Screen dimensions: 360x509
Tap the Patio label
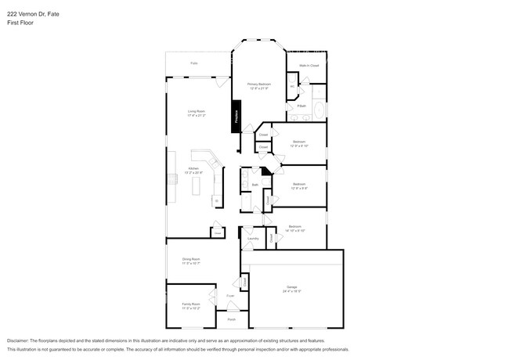tap(193, 63)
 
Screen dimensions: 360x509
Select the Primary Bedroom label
tap(258, 84)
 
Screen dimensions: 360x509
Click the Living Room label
tap(196, 111)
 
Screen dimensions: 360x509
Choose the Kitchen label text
tap(193, 169)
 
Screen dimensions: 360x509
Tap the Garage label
tap(292, 288)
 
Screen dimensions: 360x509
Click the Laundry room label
tap(253, 239)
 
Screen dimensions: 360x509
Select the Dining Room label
tap(192, 259)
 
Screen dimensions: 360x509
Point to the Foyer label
tap(230, 296)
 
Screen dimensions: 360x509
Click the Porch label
tap(231, 319)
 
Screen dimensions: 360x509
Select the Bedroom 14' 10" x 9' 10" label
tap(294, 229)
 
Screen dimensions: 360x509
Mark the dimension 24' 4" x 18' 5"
tap(292, 292)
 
